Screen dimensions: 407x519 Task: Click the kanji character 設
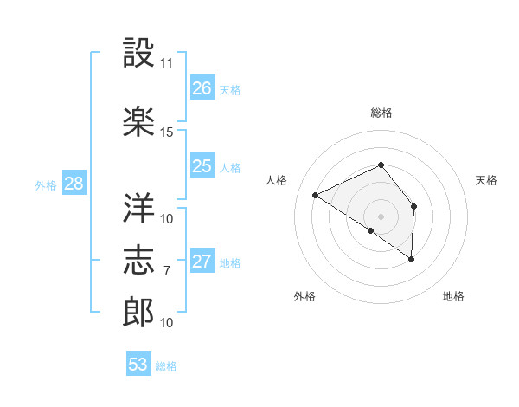[139, 54]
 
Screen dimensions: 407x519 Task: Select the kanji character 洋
[139, 206]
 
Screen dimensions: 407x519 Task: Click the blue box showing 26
[202, 88]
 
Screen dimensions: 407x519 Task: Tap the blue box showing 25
[202, 166]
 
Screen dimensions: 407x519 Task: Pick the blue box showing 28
[74, 184]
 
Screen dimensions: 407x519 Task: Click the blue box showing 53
[138, 365]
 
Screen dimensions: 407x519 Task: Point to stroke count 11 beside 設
[167, 63]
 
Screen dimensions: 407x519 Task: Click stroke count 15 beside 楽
[167, 132]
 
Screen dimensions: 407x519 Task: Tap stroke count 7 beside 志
[167, 271]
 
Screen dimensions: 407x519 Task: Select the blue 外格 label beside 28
[46, 184]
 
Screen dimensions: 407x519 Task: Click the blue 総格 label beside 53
[166, 366]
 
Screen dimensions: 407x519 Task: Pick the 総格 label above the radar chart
[381, 113]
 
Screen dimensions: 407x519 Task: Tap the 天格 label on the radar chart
[486, 180]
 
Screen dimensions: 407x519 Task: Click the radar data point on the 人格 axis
[316, 196]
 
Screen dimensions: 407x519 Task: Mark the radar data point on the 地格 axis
[412, 259]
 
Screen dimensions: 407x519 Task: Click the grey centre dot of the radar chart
[381, 216]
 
